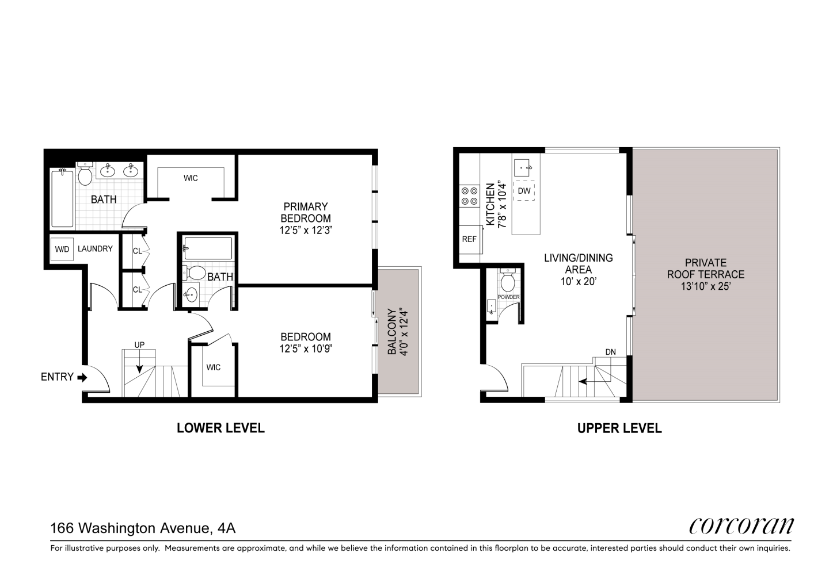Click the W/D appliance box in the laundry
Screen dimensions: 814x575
(x=62, y=249)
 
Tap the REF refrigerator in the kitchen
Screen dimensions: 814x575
(x=470, y=239)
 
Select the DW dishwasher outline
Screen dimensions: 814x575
(x=524, y=190)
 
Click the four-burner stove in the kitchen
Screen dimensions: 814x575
(x=469, y=196)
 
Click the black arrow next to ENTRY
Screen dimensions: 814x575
(x=82, y=378)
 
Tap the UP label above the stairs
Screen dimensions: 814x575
(x=139, y=345)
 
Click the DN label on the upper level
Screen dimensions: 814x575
(x=610, y=352)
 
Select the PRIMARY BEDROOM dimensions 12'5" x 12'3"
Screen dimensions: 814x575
(x=306, y=231)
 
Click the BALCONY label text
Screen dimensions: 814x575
(x=391, y=331)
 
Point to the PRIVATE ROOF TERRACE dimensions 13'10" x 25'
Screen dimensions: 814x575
(x=705, y=286)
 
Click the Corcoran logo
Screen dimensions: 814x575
(x=741, y=526)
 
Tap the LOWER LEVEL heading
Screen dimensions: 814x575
(x=220, y=428)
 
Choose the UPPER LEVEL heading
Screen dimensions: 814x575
(x=619, y=428)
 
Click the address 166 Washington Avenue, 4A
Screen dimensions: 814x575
(x=143, y=528)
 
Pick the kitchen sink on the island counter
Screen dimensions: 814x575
(x=523, y=168)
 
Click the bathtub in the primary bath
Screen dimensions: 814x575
(x=63, y=198)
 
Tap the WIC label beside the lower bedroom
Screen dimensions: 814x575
(x=214, y=367)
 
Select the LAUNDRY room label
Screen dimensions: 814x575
(x=95, y=248)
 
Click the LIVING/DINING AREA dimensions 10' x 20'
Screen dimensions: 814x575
(x=578, y=281)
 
